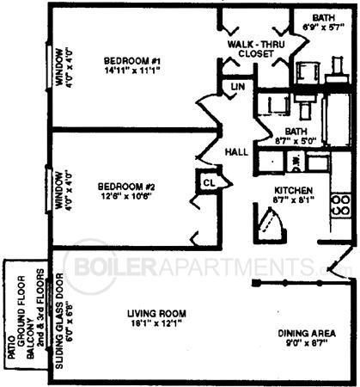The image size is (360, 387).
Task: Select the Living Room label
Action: (156, 313)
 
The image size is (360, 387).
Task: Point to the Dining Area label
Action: (306, 333)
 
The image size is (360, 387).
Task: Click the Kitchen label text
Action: (293, 190)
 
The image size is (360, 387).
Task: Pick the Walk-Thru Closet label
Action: (251, 48)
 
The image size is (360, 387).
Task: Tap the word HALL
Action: (236, 151)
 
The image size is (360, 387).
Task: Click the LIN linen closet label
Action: (236, 88)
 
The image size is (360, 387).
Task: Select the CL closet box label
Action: (209, 181)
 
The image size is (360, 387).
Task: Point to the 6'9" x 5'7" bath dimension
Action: (323, 27)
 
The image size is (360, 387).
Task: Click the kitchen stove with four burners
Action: (340, 205)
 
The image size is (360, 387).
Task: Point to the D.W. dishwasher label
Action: (294, 160)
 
